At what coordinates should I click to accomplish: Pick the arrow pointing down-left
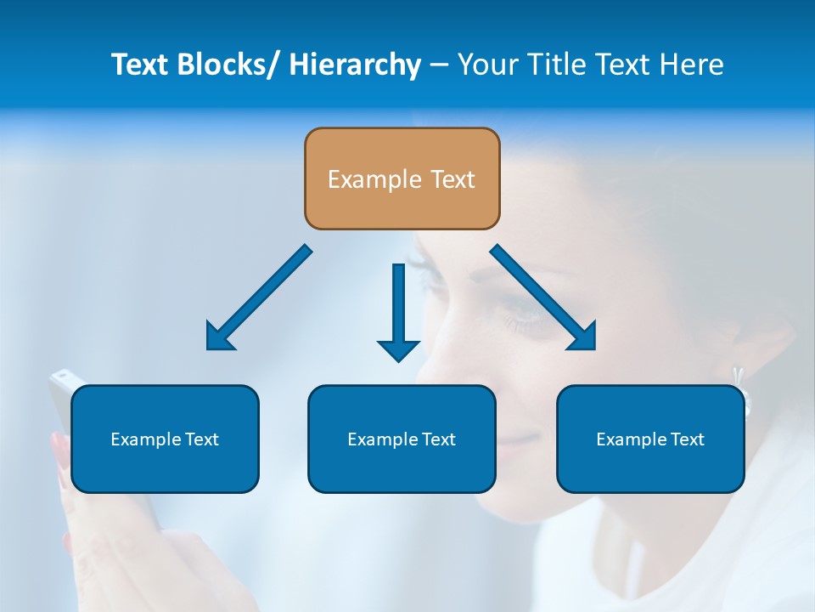pos(259,297)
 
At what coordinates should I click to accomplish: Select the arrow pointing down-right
pos(543,297)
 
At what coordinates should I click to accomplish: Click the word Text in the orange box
pos(452,179)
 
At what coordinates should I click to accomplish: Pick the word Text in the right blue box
pos(687,439)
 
